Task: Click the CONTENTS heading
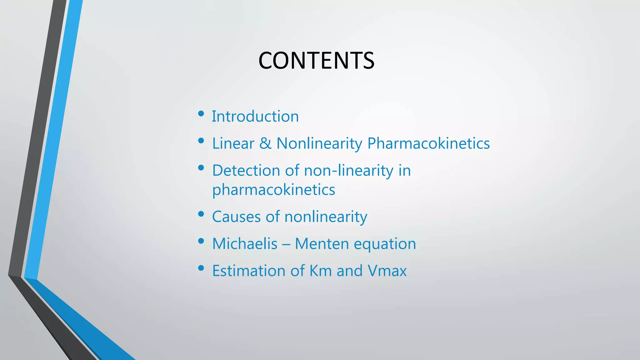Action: click(x=316, y=61)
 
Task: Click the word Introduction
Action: click(x=255, y=117)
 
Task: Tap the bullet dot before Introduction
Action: click(x=201, y=114)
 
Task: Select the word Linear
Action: click(x=233, y=144)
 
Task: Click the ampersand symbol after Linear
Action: click(x=265, y=144)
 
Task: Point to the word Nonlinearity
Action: click(x=319, y=144)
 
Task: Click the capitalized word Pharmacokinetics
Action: click(x=428, y=144)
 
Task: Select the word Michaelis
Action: click(x=245, y=244)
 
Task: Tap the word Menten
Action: click(x=322, y=244)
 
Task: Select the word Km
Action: click(x=320, y=271)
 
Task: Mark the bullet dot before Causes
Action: click(x=201, y=214)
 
